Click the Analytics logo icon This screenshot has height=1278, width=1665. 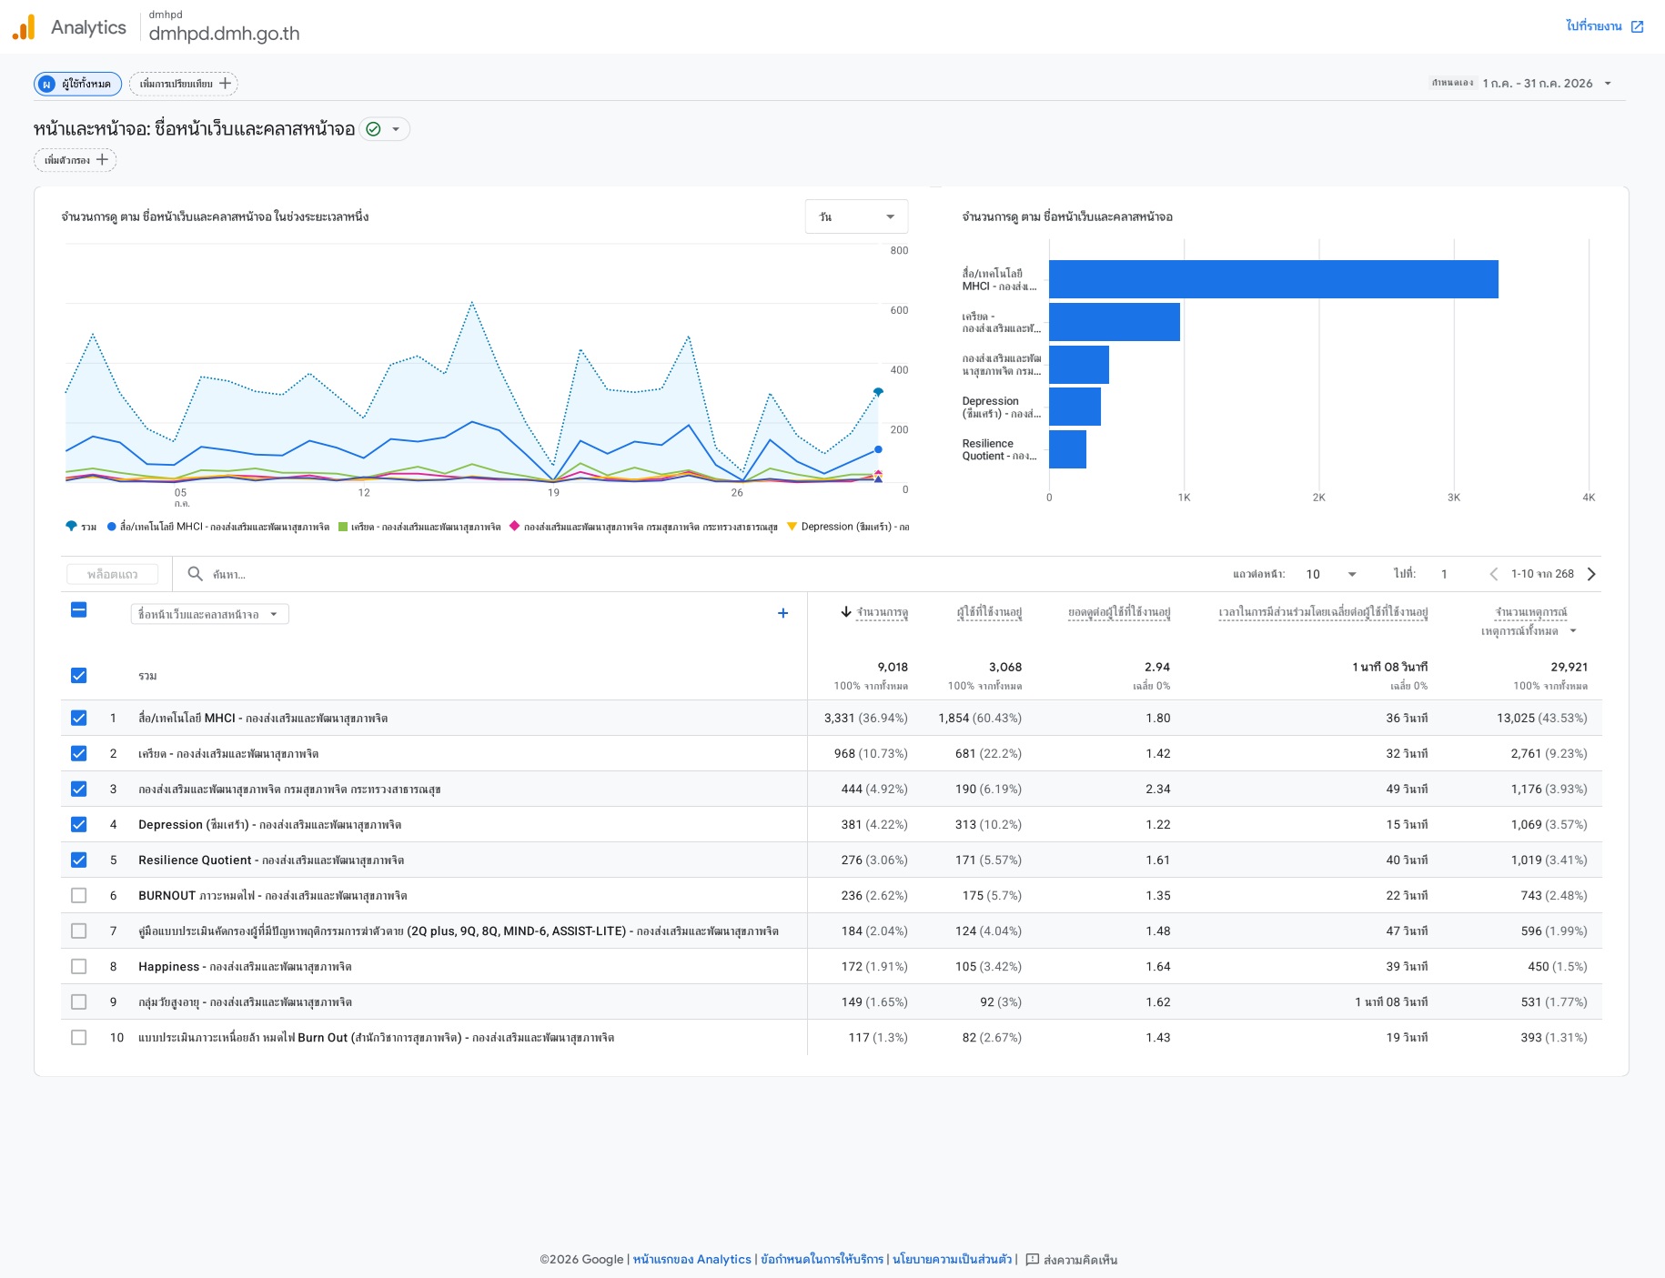click(24, 27)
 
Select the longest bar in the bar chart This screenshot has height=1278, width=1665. click(1273, 279)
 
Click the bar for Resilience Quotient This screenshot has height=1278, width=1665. click(1067, 449)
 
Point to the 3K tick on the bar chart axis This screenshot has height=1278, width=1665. click(1453, 498)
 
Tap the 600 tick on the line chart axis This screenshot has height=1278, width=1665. click(899, 310)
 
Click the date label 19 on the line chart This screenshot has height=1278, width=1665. click(553, 493)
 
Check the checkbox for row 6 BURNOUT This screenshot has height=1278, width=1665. click(79, 896)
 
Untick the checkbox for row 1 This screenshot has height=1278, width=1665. click(79, 719)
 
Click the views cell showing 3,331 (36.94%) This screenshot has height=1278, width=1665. click(865, 719)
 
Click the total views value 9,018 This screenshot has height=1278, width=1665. click(893, 667)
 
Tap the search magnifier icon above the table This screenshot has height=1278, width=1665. click(195, 574)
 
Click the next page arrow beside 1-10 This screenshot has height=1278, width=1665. click(1591, 574)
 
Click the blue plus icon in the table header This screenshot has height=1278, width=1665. click(782, 613)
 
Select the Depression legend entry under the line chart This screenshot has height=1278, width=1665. click(848, 527)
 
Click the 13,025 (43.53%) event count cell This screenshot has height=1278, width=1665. click(1541, 719)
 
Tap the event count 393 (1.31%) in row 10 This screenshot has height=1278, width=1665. click(1553, 1038)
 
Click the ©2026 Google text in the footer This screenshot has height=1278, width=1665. click(581, 1260)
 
